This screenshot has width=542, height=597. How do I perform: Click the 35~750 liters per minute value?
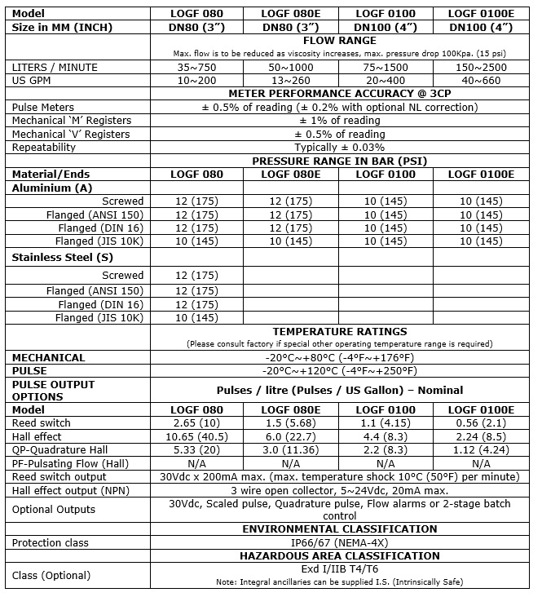pyautogui.click(x=196, y=67)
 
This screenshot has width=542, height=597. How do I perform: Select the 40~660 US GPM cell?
pyautogui.click(x=480, y=80)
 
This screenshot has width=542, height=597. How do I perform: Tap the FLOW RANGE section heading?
pyautogui.click(x=339, y=41)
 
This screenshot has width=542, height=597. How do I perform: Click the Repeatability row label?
pyautogui.click(x=44, y=148)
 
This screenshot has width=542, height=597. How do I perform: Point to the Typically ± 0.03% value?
pyautogui.click(x=339, y=148)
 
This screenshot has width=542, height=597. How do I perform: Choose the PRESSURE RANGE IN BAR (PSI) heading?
pyautogui.click(x=339, y=161)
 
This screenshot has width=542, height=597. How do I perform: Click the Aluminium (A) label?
pyautogui.click(x=51, y=188)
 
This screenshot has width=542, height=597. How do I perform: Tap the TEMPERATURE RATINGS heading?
pyautogui.click(x=339, y=332)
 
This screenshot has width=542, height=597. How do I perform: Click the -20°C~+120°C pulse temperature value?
pyautogui.click(x=339, y=370)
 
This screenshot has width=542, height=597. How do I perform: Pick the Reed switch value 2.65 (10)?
pyautogui.click(x=196, y=423)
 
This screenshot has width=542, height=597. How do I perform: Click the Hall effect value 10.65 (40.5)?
pyautogui.click(x=196, y=436)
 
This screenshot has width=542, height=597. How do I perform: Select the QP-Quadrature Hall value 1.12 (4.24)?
pyautogui.click(x=480, y=449)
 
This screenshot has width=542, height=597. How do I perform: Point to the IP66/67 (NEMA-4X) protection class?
pyautogui.click(x=339, y=542)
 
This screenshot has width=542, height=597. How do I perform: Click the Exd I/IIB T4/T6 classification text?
pyautogui.click(x=339, y=569)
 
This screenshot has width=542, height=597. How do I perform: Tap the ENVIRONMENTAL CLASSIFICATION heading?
pyautogui.click(x=339, y=528)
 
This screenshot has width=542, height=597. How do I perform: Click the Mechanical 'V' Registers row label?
pyautogui.click(x=71, y=134)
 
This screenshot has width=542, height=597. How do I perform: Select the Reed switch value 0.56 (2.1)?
pyautogui.click(x=480, y=423)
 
